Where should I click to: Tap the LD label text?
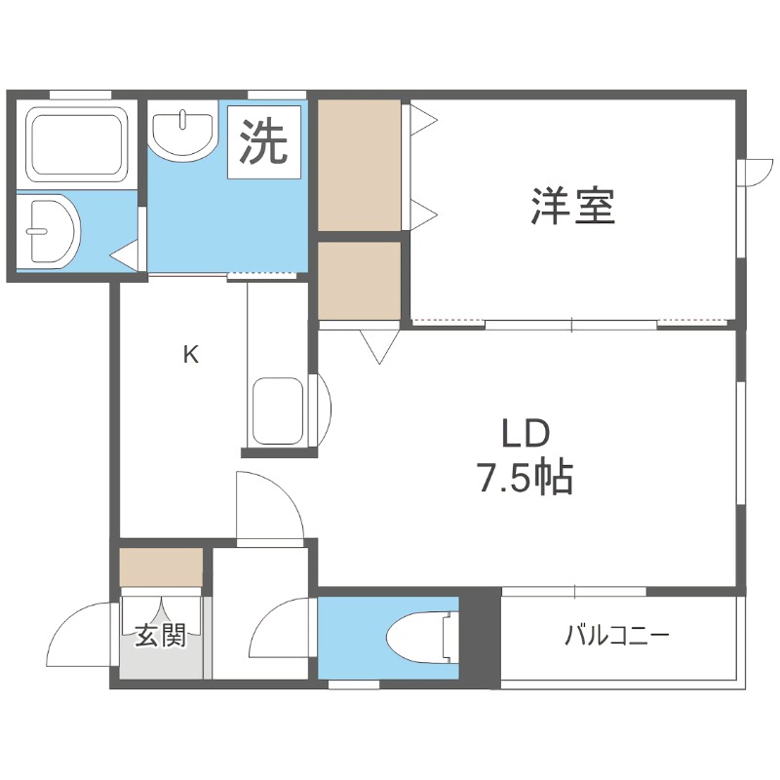pyautogui.click(x=526, y=433)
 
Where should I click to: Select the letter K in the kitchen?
pyautogui.click(x=191, y=355)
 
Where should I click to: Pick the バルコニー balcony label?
pyautogui.click(x=616, y=638)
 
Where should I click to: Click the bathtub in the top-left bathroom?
pyautogui.click(x=77, y=143)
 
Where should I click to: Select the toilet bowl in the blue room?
pyautogui.click(x=418, y=640)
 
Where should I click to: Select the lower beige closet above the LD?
pyautogui.click(x=360, y=280)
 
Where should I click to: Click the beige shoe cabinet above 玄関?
pyautogui.click(x=161, y=566)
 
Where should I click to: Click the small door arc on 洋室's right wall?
pyautogui.click(x=753, y=174)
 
